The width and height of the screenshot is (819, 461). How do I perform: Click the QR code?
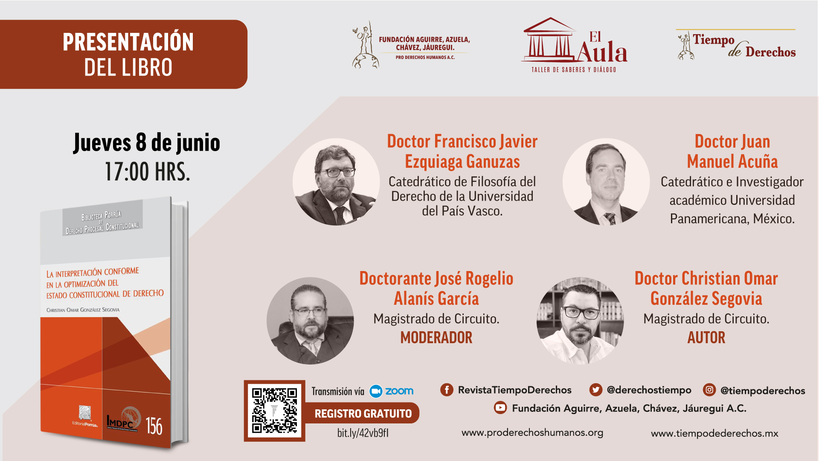point(274,410)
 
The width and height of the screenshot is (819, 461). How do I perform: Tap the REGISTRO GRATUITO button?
point(363,413)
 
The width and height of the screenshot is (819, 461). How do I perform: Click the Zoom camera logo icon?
point(376,391)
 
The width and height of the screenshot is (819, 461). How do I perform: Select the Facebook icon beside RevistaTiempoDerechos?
point(447,390)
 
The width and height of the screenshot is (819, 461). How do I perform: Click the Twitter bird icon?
point(595,390)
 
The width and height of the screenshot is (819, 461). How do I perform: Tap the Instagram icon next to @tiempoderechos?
point(709,390)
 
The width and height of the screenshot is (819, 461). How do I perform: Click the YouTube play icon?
point(500,408)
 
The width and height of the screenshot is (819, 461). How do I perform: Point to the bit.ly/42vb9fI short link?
point(363,433)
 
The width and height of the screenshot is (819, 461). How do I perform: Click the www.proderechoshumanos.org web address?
point(532,432)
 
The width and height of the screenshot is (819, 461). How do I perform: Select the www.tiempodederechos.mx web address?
point(714,433)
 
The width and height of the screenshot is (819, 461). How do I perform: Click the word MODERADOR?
point(436,338)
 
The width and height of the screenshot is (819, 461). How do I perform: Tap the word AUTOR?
point(706,338)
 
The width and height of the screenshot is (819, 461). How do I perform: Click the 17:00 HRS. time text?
point(147,172)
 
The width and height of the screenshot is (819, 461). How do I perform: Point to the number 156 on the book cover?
point(154,426)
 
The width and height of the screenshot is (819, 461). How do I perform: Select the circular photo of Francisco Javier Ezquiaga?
point(336,182)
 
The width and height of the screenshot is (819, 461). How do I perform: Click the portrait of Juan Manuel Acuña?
point(606,182)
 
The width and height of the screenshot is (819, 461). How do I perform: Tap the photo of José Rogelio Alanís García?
point(310,321)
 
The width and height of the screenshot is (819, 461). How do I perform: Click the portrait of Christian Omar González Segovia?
point(580,321)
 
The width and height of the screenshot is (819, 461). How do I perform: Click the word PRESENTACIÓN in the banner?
point(128,42)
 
